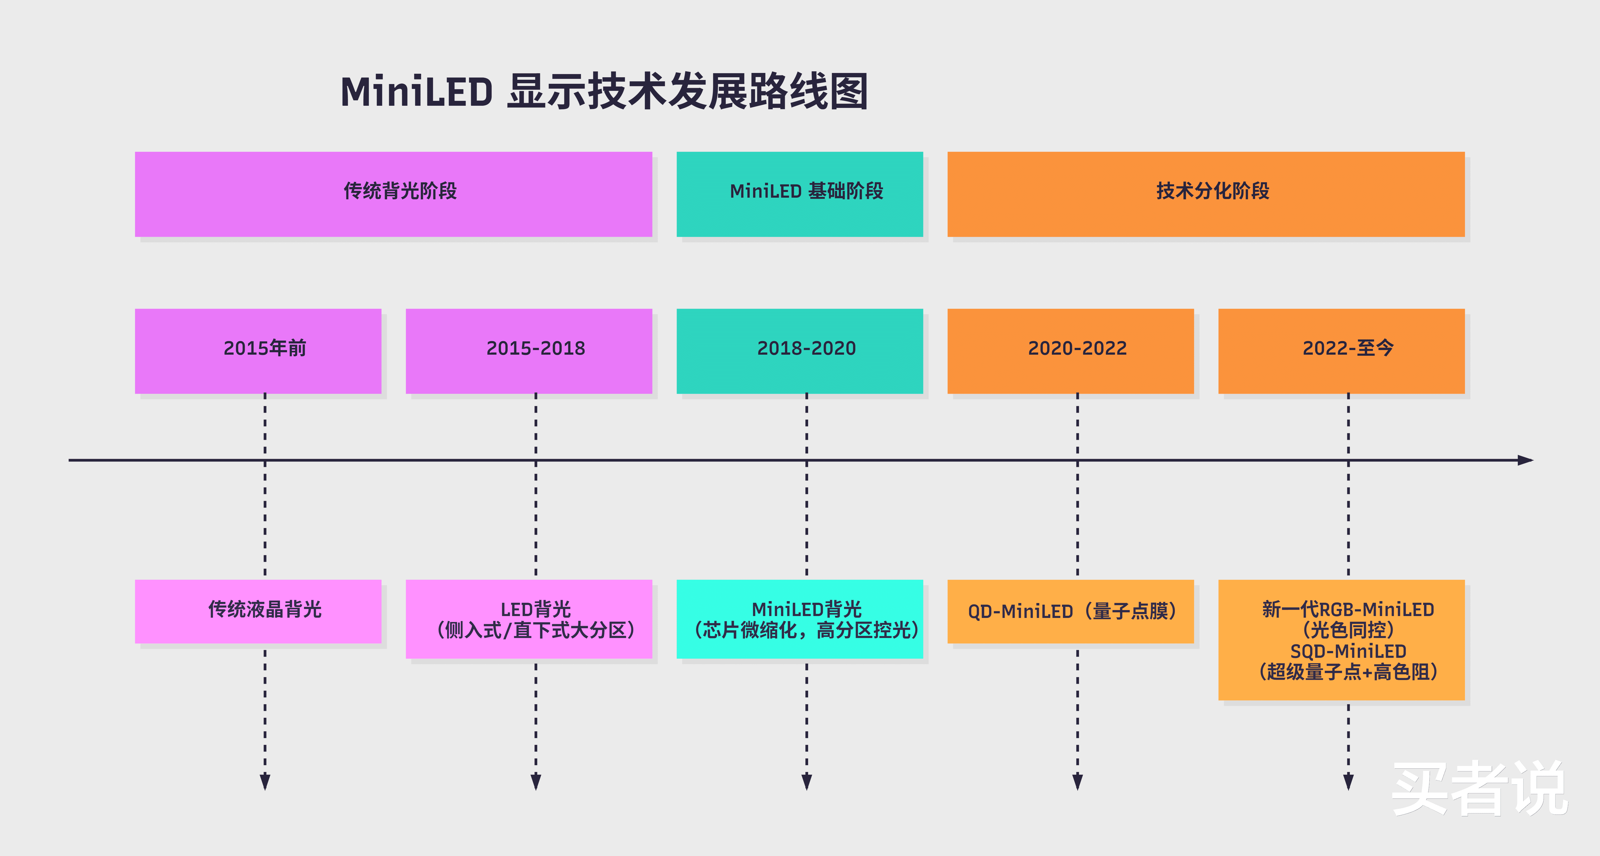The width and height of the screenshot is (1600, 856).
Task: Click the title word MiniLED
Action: point(416,92)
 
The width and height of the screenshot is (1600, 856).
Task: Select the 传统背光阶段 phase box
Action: point(393,194)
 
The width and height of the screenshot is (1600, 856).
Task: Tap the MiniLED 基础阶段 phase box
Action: point(799,194)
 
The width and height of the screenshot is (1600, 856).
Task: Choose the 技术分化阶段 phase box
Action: point(1206,194)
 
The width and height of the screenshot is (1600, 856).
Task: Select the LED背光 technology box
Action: point(529,619)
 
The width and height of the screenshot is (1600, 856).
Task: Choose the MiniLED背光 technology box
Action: point(799,619)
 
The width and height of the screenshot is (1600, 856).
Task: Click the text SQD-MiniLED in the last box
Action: point(1348,651)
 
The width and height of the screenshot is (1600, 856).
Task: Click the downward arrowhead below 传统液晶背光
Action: point(265,781)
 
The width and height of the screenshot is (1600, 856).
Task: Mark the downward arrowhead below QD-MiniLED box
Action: point(1078,781)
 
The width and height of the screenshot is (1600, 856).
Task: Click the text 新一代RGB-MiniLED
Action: point(1348,609)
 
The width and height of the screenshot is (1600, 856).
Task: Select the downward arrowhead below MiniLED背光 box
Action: point(807,781)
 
